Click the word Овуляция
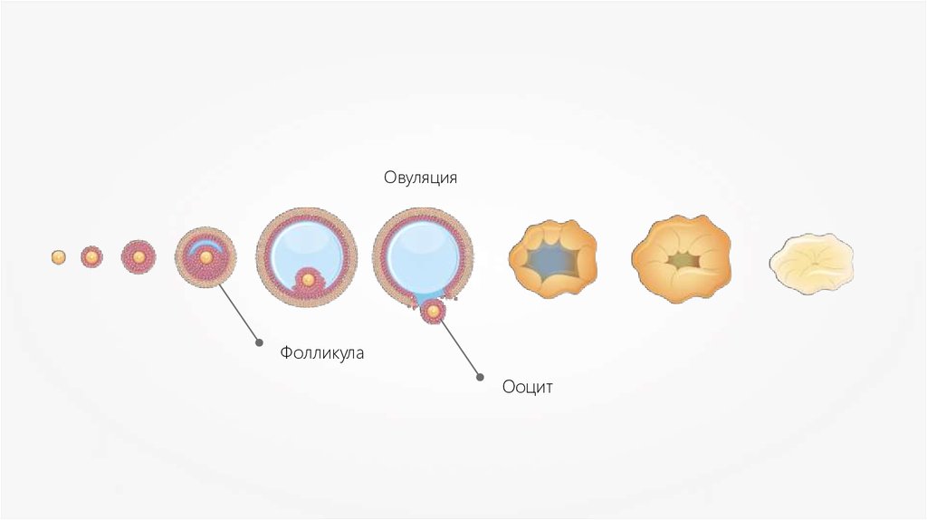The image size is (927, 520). (419, 178)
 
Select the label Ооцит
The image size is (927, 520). (527, 388)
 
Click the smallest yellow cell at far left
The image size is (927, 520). (58, 257)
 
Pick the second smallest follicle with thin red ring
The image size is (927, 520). (91, 257)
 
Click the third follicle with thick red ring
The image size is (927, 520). (139, 257)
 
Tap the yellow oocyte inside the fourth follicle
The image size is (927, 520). (205, 258)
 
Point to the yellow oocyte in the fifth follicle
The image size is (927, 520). (308, 280)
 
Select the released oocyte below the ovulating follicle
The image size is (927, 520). (433, 312)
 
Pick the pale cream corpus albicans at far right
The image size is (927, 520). (812, 263)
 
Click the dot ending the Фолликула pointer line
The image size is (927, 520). (260, 343)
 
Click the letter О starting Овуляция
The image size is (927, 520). (387, 178)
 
